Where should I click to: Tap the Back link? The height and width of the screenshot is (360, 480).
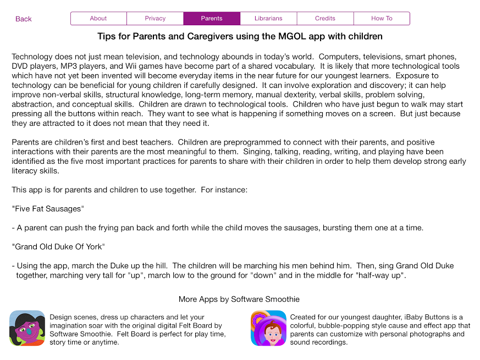coord(24,19)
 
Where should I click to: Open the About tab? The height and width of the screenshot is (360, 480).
coord(98,19)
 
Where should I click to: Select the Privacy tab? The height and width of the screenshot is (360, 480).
coord(155,19)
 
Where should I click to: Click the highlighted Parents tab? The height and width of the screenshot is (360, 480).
coord(212,19)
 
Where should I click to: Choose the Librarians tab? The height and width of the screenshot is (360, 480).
coord(268,19)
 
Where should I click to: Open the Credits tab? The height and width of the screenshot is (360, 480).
coord(325,19)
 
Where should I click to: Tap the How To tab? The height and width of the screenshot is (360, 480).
coord(382,19)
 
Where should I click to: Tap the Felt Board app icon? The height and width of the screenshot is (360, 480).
coord(27,328)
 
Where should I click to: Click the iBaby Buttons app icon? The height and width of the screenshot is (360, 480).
coord(268,328)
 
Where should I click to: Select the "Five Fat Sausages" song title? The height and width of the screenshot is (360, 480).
coord(47,209)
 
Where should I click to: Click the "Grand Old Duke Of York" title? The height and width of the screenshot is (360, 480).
coord(58,247)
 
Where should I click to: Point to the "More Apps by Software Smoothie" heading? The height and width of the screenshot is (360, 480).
coord(239,300)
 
